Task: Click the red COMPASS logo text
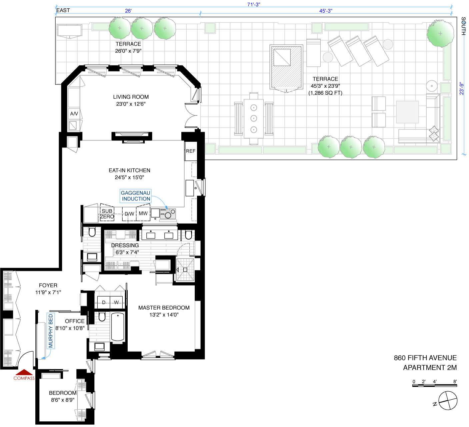point(24,378)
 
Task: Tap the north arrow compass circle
point(448,400)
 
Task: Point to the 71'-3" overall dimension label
point(254,4)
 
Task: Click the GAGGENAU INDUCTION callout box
point(136,196)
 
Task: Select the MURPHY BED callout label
point(51,331)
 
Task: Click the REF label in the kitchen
point(191,151)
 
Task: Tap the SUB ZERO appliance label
point(107,214)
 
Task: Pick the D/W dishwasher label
point(129,214)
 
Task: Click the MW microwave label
point(143,213)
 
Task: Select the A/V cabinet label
point(74,114)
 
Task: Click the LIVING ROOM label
point(131,97)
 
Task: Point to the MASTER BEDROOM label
point(164,308)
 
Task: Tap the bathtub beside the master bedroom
point(118,327)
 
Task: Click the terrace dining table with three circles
point(254,119)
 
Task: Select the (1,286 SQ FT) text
point(325,93)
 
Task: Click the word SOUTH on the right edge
point(463,26)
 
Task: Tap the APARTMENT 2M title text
point(430,368)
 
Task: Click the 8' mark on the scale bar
point(455,382)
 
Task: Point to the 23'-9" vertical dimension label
point(462,88)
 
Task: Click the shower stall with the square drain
point(185,270)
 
